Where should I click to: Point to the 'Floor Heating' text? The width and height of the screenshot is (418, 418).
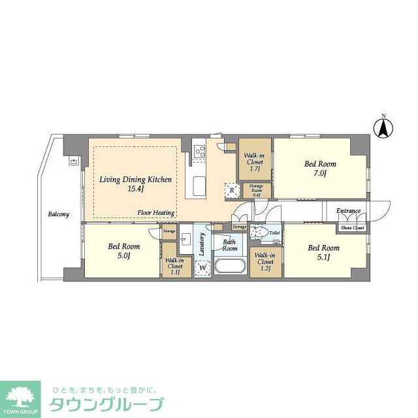tap(155, 213)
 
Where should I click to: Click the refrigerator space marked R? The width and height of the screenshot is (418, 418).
tap(231, 190)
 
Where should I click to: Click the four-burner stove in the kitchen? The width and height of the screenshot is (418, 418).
tap(199, 152)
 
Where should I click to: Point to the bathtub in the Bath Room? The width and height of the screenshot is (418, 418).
tap(229, 267)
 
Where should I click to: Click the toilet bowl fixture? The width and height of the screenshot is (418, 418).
tap(259, 232)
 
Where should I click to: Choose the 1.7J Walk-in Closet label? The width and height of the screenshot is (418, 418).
tap(254, 160)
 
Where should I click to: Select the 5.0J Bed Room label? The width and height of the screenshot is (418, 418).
tap(124, 251)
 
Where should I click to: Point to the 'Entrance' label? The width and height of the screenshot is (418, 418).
tap(348, 211)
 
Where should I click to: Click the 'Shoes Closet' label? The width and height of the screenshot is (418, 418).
tap(351, 228)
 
